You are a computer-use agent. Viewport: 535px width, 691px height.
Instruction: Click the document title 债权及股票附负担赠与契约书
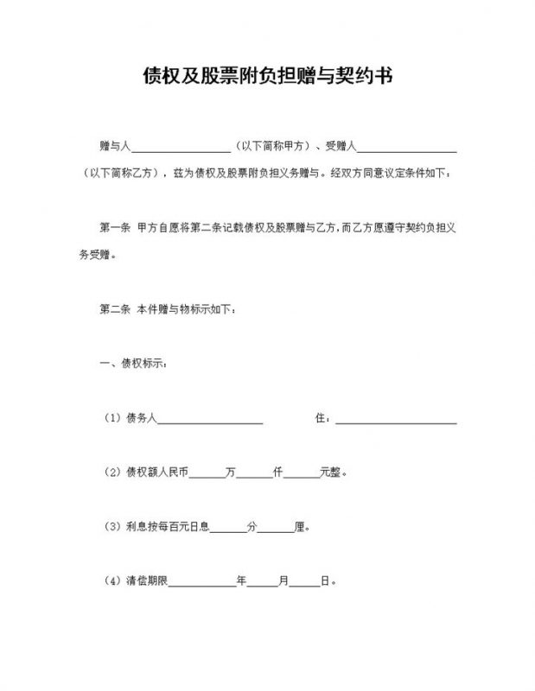pos(268,77)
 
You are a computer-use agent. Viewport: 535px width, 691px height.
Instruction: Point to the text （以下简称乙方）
pos(122,173)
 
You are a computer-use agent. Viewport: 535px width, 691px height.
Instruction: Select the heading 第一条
pos(115,229)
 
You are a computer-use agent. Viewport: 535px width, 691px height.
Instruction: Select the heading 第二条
pos(115,308)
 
